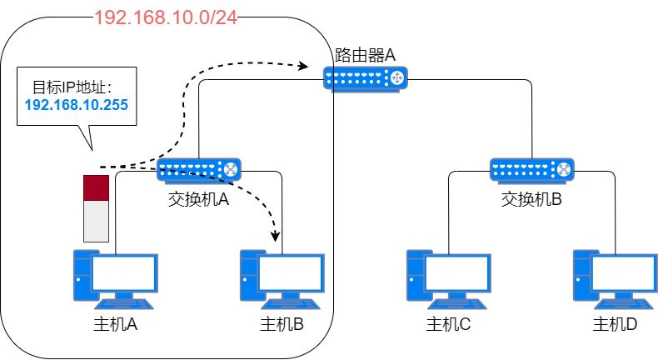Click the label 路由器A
coord(365,56)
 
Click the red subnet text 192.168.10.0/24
coord(166,18)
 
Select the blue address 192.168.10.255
coord(77,105)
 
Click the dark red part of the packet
coord(97,188)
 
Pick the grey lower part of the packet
coord(97,222)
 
